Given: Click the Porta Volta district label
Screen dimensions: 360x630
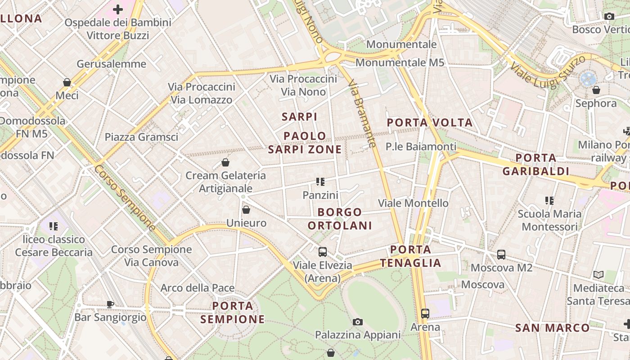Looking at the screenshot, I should click(x=429, y=122).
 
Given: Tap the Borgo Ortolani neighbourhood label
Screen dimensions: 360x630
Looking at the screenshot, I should click(x=345, y=219).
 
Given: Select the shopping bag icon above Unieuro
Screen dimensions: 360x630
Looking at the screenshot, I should click(x=246, y=209).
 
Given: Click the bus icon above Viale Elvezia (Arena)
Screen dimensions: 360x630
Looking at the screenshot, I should click(x=323, y=252).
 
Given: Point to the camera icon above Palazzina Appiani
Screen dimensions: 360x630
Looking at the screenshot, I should click(x=358, y=322).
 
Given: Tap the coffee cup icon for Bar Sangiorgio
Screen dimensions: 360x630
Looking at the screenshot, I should click(x=110, y=304).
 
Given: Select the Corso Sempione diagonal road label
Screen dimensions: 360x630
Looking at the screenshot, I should click(x=125, y=198).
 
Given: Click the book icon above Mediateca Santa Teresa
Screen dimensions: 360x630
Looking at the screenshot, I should click(x=598, y=274).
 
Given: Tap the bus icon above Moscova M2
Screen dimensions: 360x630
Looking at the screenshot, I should click(x=501, y=254).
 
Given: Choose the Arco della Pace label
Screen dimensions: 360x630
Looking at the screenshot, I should click(x=198, y=288).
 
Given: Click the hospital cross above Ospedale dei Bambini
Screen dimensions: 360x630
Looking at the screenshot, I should click(x=118, y=9).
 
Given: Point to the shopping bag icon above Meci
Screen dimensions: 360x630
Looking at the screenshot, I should click(x=67, y=82).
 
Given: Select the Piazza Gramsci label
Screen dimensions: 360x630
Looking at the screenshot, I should click(x=141, y=137).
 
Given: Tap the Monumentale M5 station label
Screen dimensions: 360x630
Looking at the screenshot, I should click(x=400, y=63).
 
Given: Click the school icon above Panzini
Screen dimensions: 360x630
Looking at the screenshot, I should click(x=320, y=182).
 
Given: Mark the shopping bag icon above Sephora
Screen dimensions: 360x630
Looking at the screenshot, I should click(x=596, y=90).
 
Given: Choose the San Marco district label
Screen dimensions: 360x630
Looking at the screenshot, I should click(x=552, y=328).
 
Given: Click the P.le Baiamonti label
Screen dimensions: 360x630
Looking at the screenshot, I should click(x=421, y=147).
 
